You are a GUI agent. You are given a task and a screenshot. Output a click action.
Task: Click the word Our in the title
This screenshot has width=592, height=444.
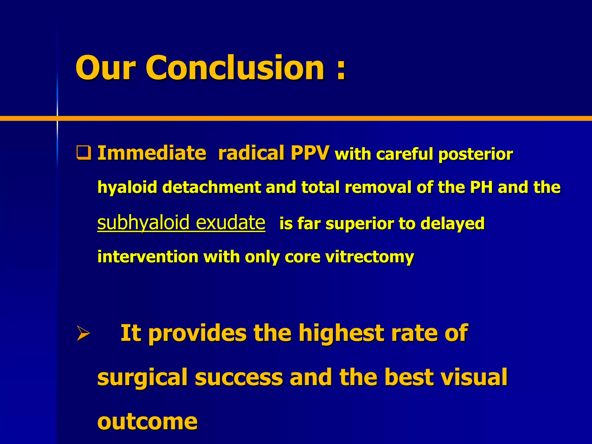tap(106, 68)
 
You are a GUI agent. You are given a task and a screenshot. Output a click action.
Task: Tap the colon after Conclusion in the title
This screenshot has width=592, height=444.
tap(341, 69)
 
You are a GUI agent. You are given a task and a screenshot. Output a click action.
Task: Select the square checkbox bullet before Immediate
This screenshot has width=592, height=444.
tap(84, 153)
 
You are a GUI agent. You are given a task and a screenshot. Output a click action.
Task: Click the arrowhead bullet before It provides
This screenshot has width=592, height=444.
tap(83, 333)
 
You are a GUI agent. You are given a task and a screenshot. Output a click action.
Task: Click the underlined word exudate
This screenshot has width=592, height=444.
tap(230, 223)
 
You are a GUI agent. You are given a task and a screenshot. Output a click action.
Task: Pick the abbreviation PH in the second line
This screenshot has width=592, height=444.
tap(481, 187)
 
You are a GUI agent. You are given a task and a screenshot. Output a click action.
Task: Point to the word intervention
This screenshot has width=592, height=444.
tap(148, 256)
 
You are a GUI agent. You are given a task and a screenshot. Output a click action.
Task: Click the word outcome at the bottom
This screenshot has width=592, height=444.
tap(147, 421)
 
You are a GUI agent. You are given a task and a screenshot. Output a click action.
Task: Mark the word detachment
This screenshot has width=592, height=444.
tap(212, 187)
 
